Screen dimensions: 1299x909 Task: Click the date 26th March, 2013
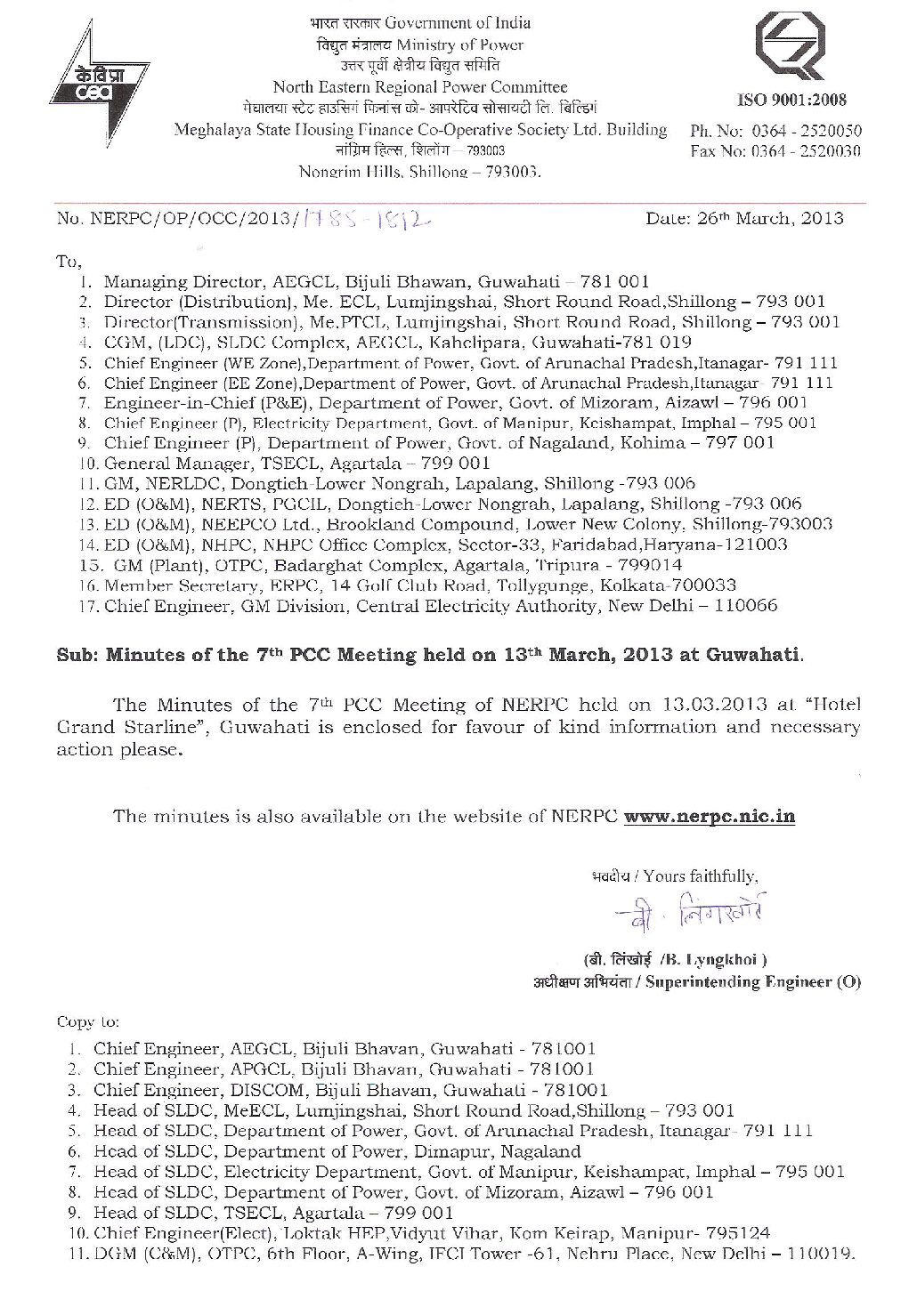click(744, 218)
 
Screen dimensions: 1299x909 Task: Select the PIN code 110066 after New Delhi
click(749, 606)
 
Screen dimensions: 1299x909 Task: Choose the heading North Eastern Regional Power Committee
click(419, 87)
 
